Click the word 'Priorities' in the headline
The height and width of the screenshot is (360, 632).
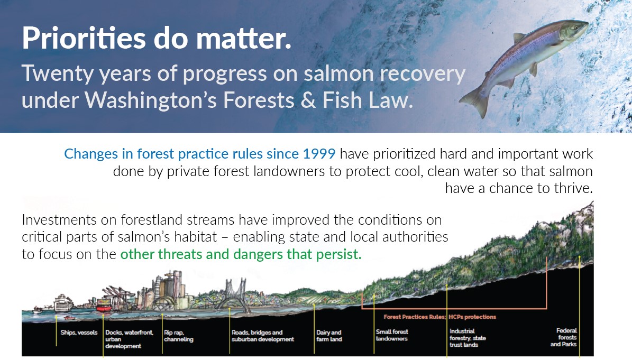pyautogui.click(x=84, y=38)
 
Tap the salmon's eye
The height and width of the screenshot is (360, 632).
pyautogui.click(x=575, y=27)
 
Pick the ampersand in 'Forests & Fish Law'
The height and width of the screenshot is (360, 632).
pyautogui.click(x=308, y=100)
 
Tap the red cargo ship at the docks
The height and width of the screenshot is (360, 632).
pyautogui.click(x=104, y=307)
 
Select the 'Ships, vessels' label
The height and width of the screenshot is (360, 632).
pyautogui.click(x=79, y=333)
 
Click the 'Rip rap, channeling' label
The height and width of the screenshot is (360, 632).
pyautogui.click(x=178, y=336)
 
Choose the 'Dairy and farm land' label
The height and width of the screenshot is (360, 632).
pyautogui.click(x=329, y=336)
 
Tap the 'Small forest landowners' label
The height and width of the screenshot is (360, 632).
pyautogui.click(x=392, y=335)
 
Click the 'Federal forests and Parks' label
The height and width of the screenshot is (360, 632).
pyautogui.click(x=563, y=337)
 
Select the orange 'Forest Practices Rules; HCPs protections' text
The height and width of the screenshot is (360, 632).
pyautogui.click(x=439, y=317)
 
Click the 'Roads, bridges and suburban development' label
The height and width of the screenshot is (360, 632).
pyautogui.click(x=262, y=336)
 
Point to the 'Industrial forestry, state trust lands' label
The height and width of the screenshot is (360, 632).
pyautogui.click(x=468, y=338)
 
